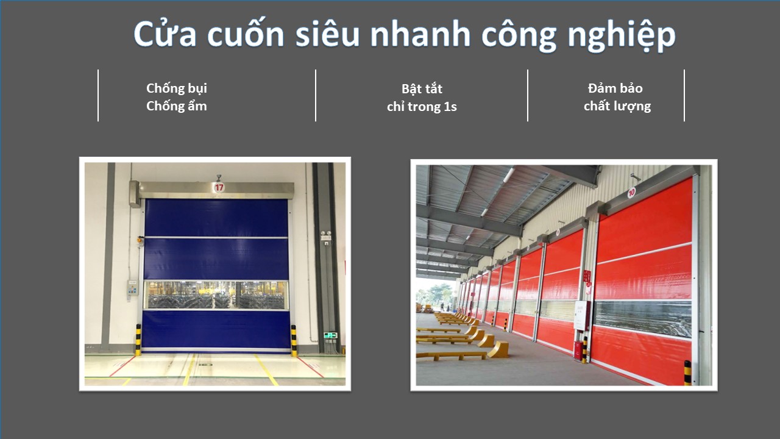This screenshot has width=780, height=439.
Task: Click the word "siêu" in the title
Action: (327, 34)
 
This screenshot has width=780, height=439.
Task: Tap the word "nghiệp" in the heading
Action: (622, 35)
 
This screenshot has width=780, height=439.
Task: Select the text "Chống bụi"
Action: (177, 88)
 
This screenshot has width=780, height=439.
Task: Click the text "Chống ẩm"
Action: (177, 105)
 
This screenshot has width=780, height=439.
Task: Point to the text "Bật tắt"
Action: (422, 88)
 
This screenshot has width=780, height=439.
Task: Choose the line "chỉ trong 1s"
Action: (422, 107)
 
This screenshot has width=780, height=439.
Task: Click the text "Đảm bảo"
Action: (615, 88)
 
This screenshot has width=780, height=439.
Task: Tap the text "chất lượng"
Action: (617, 106)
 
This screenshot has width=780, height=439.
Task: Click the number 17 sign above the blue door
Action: (219, 187)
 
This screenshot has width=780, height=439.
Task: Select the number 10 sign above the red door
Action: (632, 192)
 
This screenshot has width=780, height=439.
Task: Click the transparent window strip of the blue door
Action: (216, 295)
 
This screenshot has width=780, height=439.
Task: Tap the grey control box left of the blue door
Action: (132, 288)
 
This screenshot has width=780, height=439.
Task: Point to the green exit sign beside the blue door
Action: (330, 335)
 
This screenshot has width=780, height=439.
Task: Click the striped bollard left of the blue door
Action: (138, 340)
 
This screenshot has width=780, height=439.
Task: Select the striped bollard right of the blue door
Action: (294, 341)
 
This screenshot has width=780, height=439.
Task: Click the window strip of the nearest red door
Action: (643, 318)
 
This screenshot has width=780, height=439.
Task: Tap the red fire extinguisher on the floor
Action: (578, 350)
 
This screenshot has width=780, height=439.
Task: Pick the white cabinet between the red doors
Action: (581, 316)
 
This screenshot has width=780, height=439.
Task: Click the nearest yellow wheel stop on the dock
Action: (498, 350)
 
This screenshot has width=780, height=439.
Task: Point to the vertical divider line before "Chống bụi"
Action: (98, 96)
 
